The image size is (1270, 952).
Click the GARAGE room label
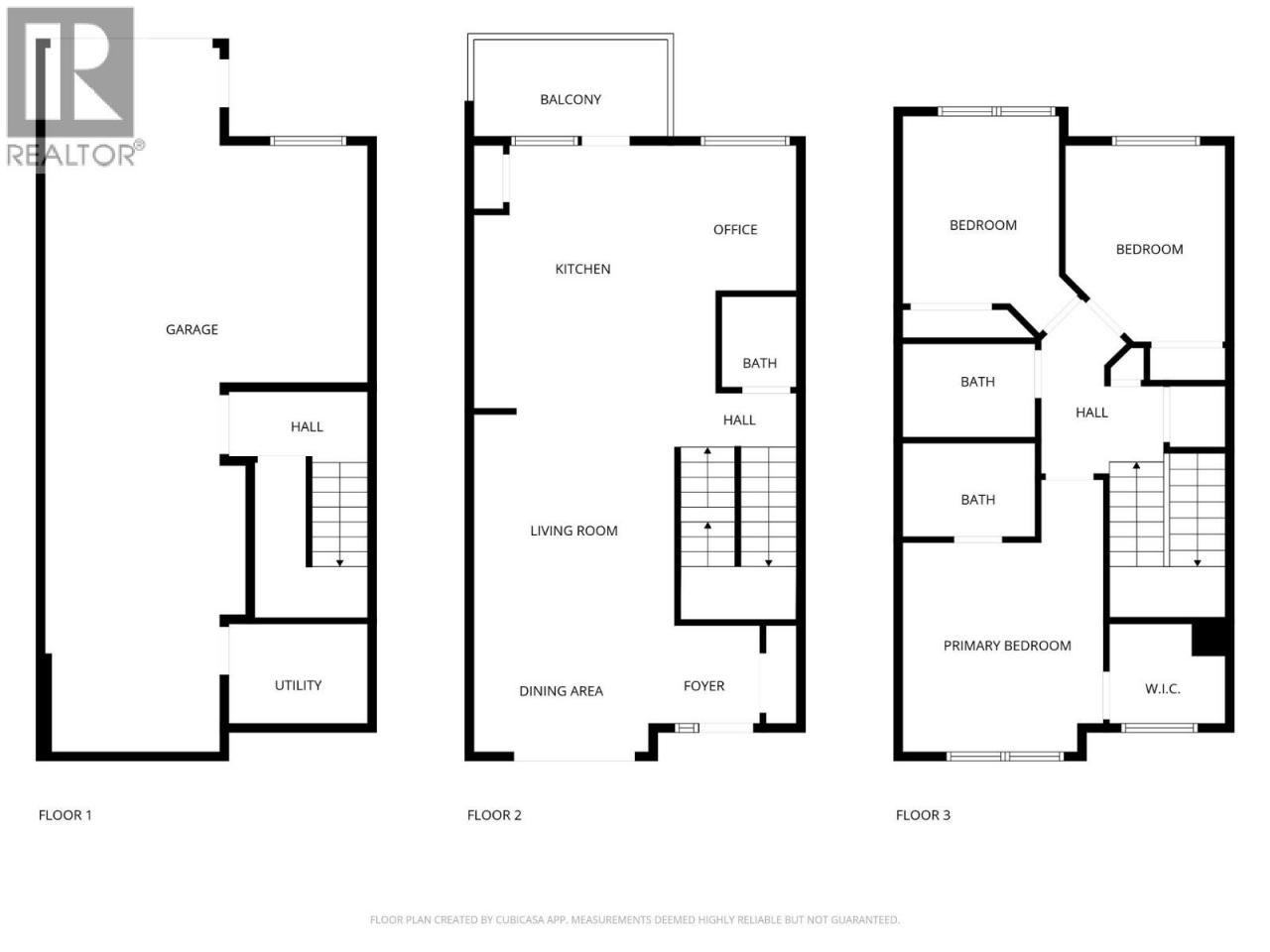pos(191,329)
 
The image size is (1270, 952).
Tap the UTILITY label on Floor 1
pos(298,685)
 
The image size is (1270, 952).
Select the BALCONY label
pos(571,99)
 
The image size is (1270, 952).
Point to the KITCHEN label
pos(582,269)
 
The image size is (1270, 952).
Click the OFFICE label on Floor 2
pos(735,229)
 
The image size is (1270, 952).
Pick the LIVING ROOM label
pos(573,531)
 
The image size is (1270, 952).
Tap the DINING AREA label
pos(562,691)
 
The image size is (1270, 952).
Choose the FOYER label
pos(703,685)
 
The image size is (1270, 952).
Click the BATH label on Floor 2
pos(760,363)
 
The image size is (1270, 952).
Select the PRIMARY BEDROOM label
pos(1007,646)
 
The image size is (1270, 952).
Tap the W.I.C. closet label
pos(1163,688)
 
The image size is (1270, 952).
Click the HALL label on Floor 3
pos(1091,413)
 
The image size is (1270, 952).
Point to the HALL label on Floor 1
pos(307,426)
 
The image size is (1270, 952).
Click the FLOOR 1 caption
pos(64,815)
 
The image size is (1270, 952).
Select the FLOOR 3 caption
pos(923,815)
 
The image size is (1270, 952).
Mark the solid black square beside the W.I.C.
pos(1208,638)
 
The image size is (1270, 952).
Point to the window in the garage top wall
pos(308,141)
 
